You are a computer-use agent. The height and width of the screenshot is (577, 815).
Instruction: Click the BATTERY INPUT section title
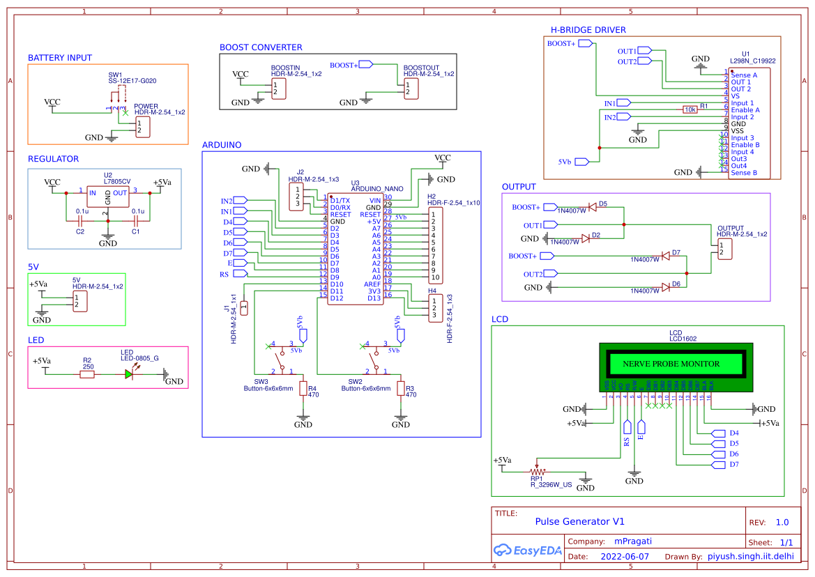pos(60,58)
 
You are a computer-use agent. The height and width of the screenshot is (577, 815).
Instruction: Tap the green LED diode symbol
pos(129,374)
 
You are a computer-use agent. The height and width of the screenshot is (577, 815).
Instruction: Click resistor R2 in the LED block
pos(87,374)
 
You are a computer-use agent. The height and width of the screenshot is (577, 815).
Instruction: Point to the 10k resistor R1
pos(690,109)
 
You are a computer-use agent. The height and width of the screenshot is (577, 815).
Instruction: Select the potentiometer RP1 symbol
pos(537,472)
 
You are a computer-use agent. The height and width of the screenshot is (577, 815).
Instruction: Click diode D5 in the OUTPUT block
pos(592,207)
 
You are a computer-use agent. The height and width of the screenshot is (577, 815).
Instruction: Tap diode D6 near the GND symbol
pos(666,287)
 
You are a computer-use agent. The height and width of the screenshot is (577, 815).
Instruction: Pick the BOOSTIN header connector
pos(279,89)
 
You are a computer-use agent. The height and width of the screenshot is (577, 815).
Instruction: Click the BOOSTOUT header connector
pos(411,89)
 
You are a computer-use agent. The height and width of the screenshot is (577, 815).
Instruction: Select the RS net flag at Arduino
pos(240,275)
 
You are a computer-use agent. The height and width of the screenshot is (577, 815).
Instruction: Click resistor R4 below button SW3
pos(303,388)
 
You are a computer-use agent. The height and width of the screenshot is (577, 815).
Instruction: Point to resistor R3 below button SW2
pos(401,388)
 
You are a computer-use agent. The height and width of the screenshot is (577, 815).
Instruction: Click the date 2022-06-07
pos(624,557)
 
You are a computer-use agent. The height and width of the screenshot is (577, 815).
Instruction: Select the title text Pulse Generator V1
pos(579,521)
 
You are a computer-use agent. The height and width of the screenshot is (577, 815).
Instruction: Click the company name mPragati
pos(632,541)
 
